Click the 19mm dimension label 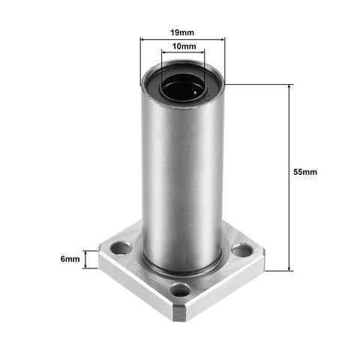182,33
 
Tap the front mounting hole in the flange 180,289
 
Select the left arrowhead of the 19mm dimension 142,39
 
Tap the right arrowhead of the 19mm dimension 223,39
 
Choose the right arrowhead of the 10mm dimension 204,53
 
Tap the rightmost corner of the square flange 265,255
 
